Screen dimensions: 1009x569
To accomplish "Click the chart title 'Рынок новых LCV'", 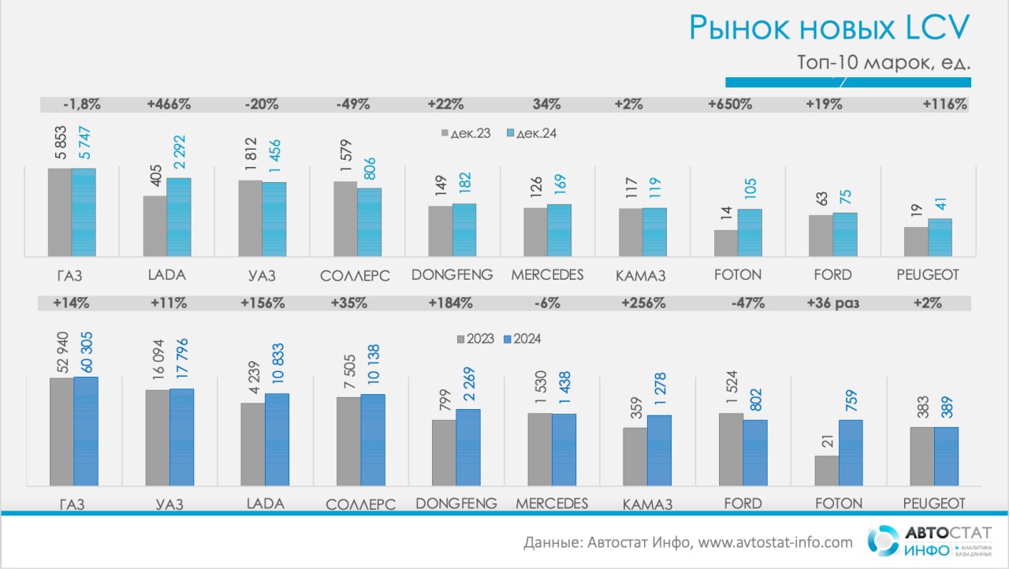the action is (x=829, y=28).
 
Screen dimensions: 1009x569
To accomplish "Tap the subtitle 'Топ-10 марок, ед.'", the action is (x=884, y=62).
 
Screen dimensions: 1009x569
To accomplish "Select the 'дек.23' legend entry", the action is (x=466, y=133).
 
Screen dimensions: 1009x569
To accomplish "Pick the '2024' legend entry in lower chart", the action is (x=522, y=339).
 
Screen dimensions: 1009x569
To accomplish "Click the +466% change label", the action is (x=169, y=105).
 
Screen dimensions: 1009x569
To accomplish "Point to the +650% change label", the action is (x=730, y=105).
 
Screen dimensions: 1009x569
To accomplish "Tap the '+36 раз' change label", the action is (x=833, y=303).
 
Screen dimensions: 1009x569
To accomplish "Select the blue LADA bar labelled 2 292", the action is (x=179, y=217).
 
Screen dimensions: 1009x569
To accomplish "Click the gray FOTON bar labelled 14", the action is (x=726, y=243).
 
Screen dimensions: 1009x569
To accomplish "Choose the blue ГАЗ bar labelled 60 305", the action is (x=86, y=431).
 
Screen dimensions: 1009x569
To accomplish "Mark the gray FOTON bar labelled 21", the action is (x=827, y=470).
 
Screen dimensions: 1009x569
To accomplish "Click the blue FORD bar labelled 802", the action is (x=755, y=453).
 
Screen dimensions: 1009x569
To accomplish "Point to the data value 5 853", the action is (x=61, y=143).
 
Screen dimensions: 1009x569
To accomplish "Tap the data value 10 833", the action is (x=278, y=363).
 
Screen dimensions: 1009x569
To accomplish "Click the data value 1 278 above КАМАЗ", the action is (x=660, y=389).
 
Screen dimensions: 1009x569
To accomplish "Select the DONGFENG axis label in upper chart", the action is (x=452, y=274).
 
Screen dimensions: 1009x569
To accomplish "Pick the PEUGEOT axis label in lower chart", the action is (x=934, y=504).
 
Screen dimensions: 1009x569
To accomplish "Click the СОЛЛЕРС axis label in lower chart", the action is (x=361, y=504).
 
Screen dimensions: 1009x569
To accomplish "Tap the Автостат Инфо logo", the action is (x=929, y=541).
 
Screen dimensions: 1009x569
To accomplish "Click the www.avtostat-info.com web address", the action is (x=775, y=542).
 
